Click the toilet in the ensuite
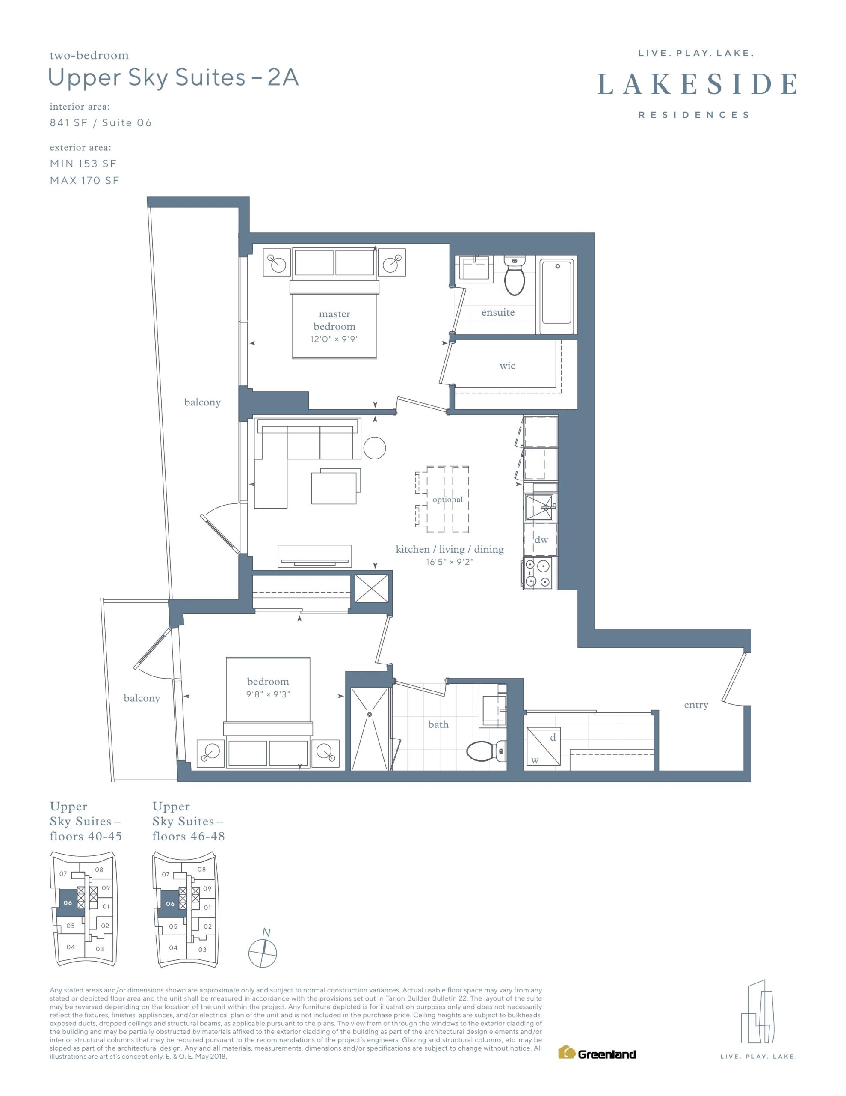pos(514,276)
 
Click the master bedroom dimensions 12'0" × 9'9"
pos(334,339)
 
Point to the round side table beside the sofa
pos(375,448)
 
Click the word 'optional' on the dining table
pos(448,499)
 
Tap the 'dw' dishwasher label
pos(541,539)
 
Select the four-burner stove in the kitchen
pos(538,573)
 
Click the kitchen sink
pos(539,507)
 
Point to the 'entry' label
pos(696,705)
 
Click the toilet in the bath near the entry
pos(486,751)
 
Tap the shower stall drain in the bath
pos(370,714)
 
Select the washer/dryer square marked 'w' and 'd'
pos(543,747)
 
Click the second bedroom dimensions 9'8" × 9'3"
pos(268,694)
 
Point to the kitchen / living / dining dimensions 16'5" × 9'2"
pos(450,562)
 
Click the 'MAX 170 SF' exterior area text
pos(85,181)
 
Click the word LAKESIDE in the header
pos(697,84)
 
